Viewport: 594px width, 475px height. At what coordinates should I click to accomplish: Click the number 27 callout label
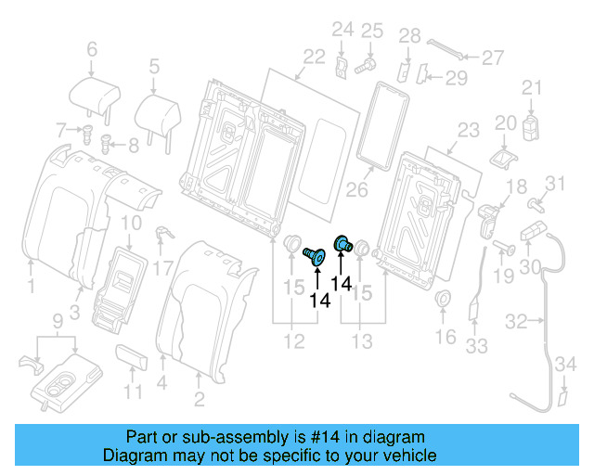(x=493, y=57)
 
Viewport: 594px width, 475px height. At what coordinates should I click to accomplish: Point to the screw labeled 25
(x=364, y=65)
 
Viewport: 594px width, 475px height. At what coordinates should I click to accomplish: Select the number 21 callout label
(x=530, y=88)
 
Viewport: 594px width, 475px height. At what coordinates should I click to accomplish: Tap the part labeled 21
(x=531, y=124)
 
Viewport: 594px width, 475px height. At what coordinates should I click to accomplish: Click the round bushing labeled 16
(x=444, y=300)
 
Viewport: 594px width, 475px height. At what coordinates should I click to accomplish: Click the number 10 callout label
(x=132, y=222)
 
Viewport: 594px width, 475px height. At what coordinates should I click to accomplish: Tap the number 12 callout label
(x=294, y=342)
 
